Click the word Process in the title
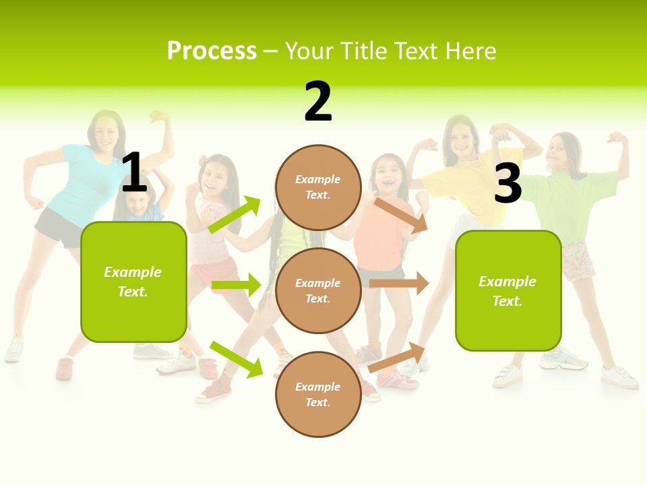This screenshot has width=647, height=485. pyautogui.click(x=212, y=51)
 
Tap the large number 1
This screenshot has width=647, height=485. pyautogui.click(x=134, y=172)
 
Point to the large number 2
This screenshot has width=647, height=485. pyautogui.click(x=318, y=102)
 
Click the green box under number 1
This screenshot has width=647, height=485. pyautogui.click(x=133, y=282)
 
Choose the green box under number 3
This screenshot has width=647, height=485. pyautogui.click(x=508, y=290)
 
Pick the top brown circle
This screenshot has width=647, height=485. pyautogui.click(x=318, y=187)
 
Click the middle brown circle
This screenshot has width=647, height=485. pyautogui.click(x=318, y=290)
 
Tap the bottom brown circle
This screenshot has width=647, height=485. pyautogui.click(x=318, y=394)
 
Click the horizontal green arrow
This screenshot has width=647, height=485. pyautogui.click(x=236, y=285)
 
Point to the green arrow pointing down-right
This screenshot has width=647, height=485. pyautogui.click(x=236, y=359)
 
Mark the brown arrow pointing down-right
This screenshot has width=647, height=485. pyautogui.click(x=401, y=215)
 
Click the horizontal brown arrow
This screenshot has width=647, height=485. pyautogui.click(x=399, y=284)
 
